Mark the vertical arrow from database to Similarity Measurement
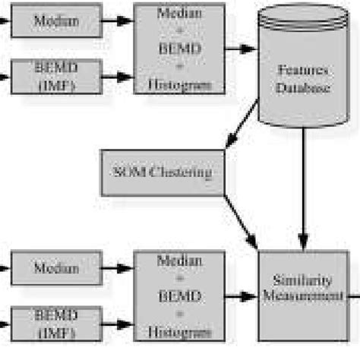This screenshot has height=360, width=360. (x=304, y=190)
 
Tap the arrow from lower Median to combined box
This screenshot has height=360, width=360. (x=118, y=268)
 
